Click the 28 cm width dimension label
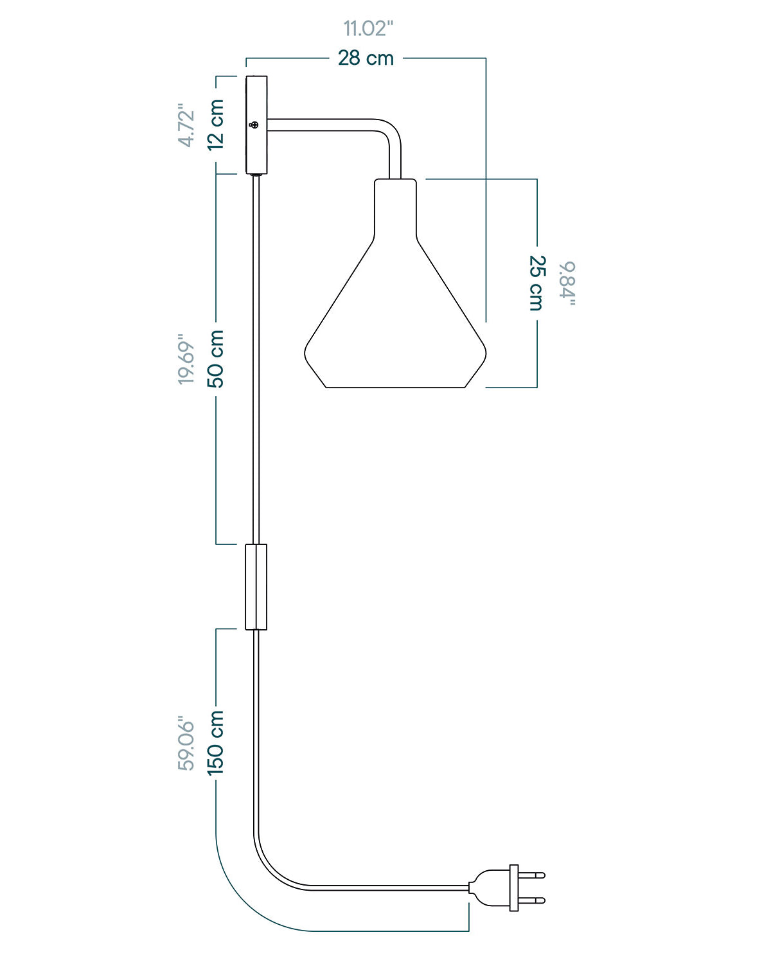pos(366,58)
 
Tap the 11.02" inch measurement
pos(368,28)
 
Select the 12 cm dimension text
pos(215,125)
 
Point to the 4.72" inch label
pos(186,125)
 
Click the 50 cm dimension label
pos(215,359)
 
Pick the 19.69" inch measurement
pos(186,359)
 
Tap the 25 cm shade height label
pos(537,283)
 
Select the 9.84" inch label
pos(567,283)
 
